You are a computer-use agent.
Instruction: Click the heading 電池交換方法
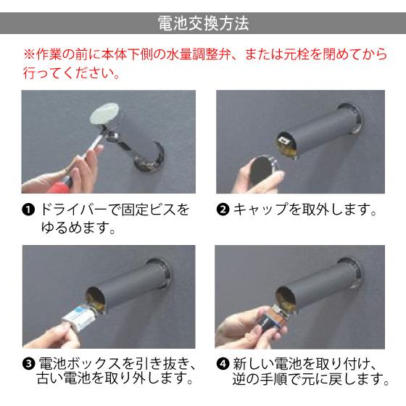pyautogui.click(x=203, y=23)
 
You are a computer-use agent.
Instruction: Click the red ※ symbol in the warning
pyautogui.click(x=30, y=55)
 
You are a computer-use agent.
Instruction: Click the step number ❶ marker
pyautogui.click(x=28, y=211)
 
